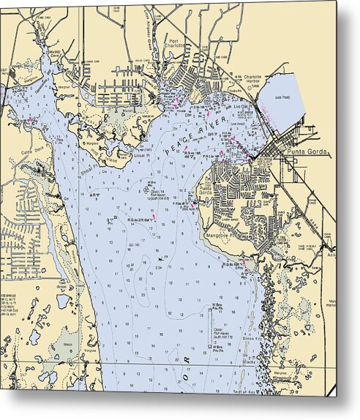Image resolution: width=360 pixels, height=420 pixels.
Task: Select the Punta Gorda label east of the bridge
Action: click(306, 154)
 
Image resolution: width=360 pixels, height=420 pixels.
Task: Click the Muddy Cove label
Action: click(55, 53)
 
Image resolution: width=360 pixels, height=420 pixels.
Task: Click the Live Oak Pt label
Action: click(242, 107)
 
